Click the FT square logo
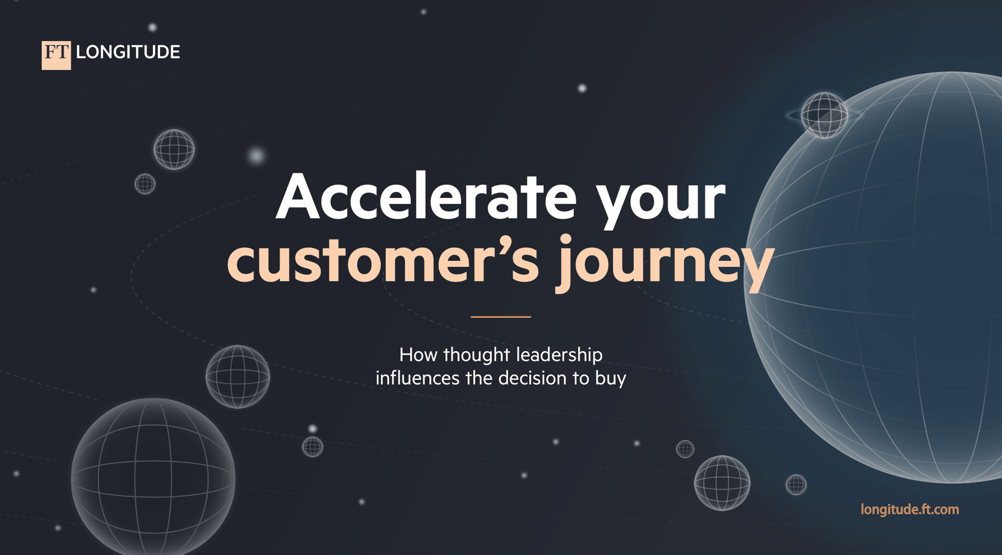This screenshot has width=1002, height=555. click(x=56, y=55)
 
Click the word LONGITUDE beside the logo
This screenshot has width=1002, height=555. click(x=128, y=52)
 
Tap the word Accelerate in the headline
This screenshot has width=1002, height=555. click(x=426, y=196)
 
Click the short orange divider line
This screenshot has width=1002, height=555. click(x=501, y=317)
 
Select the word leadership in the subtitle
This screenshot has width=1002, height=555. click(x=559, y=355)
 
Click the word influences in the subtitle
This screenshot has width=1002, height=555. click(x=417, y=378)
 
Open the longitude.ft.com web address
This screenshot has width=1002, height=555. click(x=910, y=510)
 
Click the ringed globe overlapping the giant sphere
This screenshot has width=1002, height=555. click(x=824, y=115)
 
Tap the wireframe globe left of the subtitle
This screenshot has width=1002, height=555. click(x=237, y=377)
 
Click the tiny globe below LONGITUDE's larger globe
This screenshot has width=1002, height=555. click(x=145, y=184)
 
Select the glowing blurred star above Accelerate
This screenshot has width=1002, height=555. click(x=256, y=156)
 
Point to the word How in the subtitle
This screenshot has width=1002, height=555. click(x=418, y=355)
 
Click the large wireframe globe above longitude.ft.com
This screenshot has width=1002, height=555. click(x=722, y=483)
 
